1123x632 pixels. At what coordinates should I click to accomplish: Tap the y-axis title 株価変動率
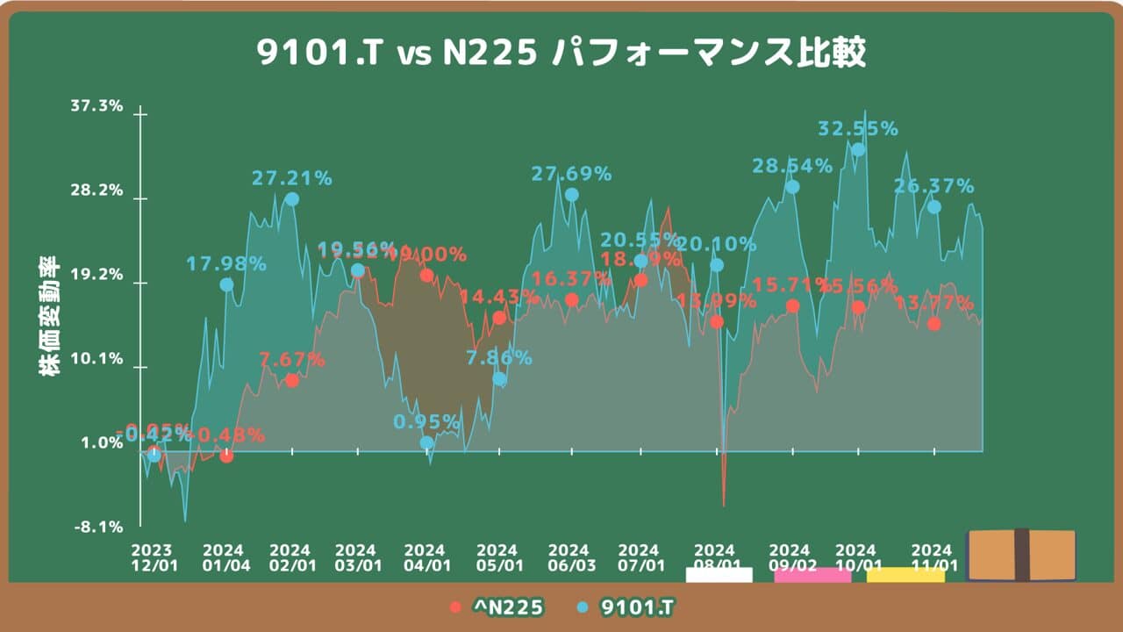point(49,317)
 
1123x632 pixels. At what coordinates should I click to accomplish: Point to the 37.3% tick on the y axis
point(97,106)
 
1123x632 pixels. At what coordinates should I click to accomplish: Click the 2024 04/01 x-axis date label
point(426,557)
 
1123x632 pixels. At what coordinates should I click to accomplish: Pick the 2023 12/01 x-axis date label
point(154,557)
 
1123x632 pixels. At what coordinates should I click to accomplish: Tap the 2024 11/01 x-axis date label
point(933,557)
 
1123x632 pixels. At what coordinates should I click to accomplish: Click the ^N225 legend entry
point(497,607)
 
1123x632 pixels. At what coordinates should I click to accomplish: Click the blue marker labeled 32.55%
point(858,149)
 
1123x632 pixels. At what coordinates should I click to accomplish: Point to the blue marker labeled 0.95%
point(426,443)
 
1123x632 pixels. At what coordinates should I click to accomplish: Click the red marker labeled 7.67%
point(292,380)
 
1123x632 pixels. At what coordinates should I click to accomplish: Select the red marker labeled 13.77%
point(934,324)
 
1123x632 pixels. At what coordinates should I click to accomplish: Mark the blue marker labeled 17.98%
point(226,284)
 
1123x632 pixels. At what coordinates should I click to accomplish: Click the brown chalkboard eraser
point(1020,555)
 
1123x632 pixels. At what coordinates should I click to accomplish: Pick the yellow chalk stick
point(905,575)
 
